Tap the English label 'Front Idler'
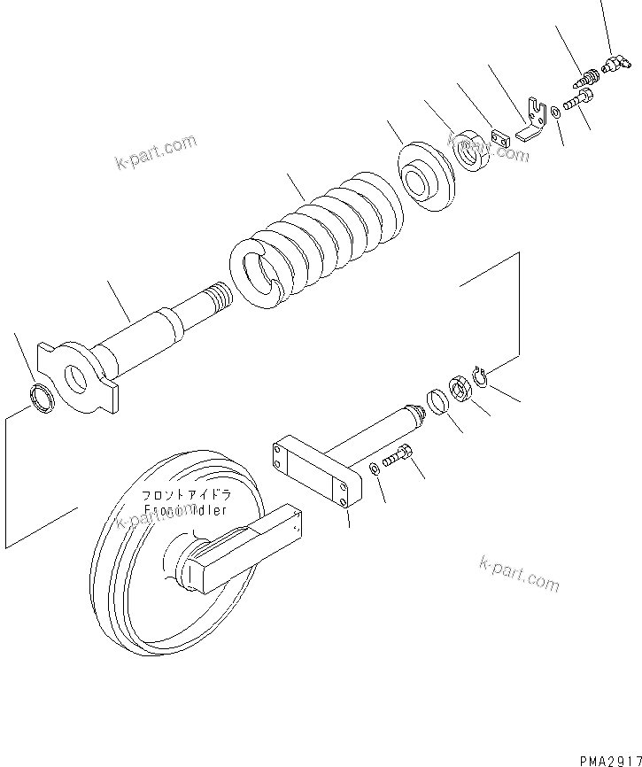click(x=186, y=511)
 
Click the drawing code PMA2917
click(x=610, y=760)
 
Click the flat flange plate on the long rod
click(x=80, y=376)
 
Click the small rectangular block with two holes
click(x=502, y=138)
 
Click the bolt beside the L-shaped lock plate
click(x=578, y=105)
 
